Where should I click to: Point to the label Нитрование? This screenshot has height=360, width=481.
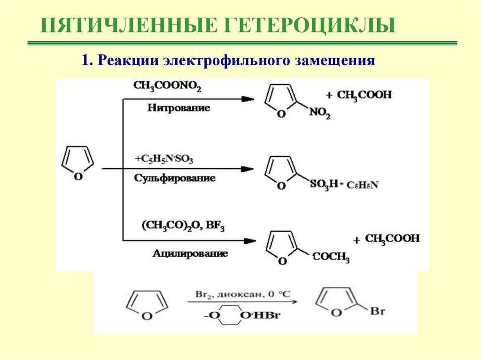click(x=178, y=108)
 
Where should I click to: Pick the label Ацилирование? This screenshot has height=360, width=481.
click(x=190, y=253)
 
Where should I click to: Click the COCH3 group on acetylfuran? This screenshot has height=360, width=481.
click(x=331, y=258)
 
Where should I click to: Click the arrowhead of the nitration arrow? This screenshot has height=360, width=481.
click(x=248, y=99)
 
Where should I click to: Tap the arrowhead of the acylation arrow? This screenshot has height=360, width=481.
click(x=249, y=241)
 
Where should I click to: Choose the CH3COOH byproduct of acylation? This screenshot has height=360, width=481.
click(x=392, y=239)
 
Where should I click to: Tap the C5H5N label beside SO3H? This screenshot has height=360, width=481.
click(x=362, y=185)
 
